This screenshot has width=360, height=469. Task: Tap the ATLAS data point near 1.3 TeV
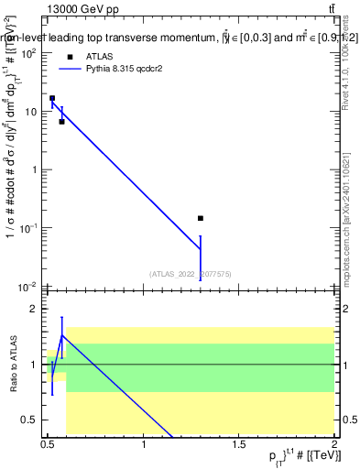coord(201,219)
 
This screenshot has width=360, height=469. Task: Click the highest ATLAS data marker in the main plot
coord(52,98)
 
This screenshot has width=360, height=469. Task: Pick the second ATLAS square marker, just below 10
coord(61,121)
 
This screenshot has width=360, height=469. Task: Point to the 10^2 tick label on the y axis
coord(28,53)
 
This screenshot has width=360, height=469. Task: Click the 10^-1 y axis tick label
coord(28,227)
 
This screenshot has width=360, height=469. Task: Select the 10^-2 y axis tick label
coord(28,286)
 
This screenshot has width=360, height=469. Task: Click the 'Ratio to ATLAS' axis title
coord(12,365)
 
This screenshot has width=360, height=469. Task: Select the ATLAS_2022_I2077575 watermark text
coord(190,273)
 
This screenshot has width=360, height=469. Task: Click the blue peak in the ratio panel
coord(61,335)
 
